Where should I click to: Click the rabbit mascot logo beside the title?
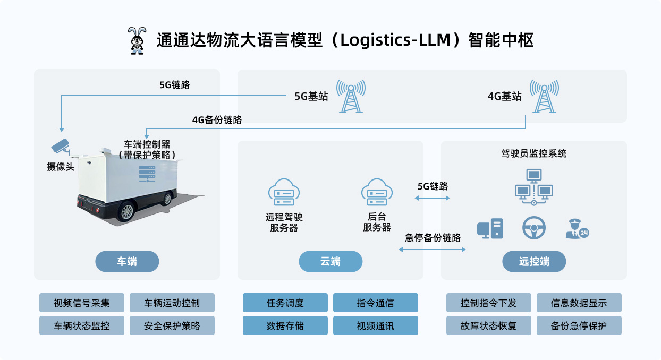tap(137, 40)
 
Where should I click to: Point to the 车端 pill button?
tap(127, 261)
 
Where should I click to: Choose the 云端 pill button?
tap(330, 261)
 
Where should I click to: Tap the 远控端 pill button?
tap(534, 261)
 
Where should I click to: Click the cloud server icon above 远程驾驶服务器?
tap(284, 192)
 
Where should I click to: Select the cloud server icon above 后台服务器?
tap(377, 192)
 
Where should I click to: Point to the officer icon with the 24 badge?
tap(576, 229)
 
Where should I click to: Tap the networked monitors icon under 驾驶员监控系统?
tap(534, 186)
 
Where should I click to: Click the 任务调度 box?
tap(285, 303)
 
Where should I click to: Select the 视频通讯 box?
tap(376, 325)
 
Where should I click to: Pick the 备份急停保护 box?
tap(579, 325)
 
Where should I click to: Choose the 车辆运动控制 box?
tap(172, 303)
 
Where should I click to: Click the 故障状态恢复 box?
tap(489, 325)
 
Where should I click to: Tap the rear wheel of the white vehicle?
tap(126, 211)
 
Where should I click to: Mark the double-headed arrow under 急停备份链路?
tap(432, 248)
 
